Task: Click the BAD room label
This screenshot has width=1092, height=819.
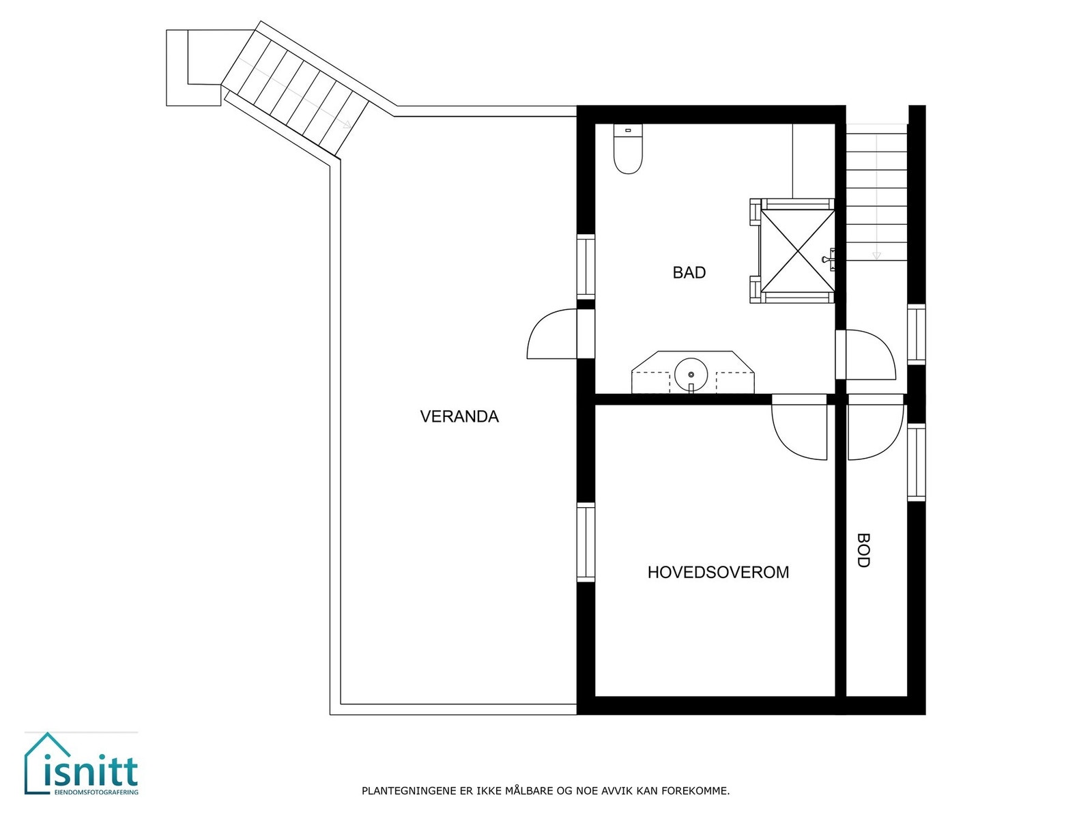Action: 689,273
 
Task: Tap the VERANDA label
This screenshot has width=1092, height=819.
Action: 459,416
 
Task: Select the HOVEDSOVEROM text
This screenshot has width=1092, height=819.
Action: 718,572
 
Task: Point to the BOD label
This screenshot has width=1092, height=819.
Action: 863,551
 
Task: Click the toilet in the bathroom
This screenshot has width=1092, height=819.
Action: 628,149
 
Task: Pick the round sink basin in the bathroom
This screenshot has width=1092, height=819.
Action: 691,374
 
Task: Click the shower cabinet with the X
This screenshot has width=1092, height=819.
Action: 796,250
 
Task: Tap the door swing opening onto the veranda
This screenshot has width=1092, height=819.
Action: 551,334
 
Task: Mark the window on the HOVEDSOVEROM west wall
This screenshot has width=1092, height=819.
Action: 586,542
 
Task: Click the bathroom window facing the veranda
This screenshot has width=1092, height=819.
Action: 586,266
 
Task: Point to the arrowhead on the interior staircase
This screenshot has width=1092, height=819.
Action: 876,256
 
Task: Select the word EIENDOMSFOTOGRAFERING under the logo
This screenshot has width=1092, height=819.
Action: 96,792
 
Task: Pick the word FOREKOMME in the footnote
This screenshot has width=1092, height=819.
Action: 702,792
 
